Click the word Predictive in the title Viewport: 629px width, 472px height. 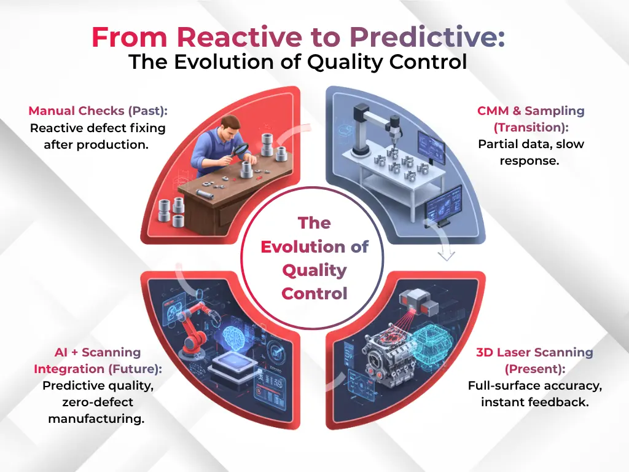click(427, 37)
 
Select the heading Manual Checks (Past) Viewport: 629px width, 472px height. click(98, 111)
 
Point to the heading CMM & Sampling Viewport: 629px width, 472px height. click(531, 111)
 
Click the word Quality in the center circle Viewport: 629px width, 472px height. click(314, 270)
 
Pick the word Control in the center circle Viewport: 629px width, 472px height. click(314, 294)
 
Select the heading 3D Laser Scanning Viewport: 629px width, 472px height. click(534, 353)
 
